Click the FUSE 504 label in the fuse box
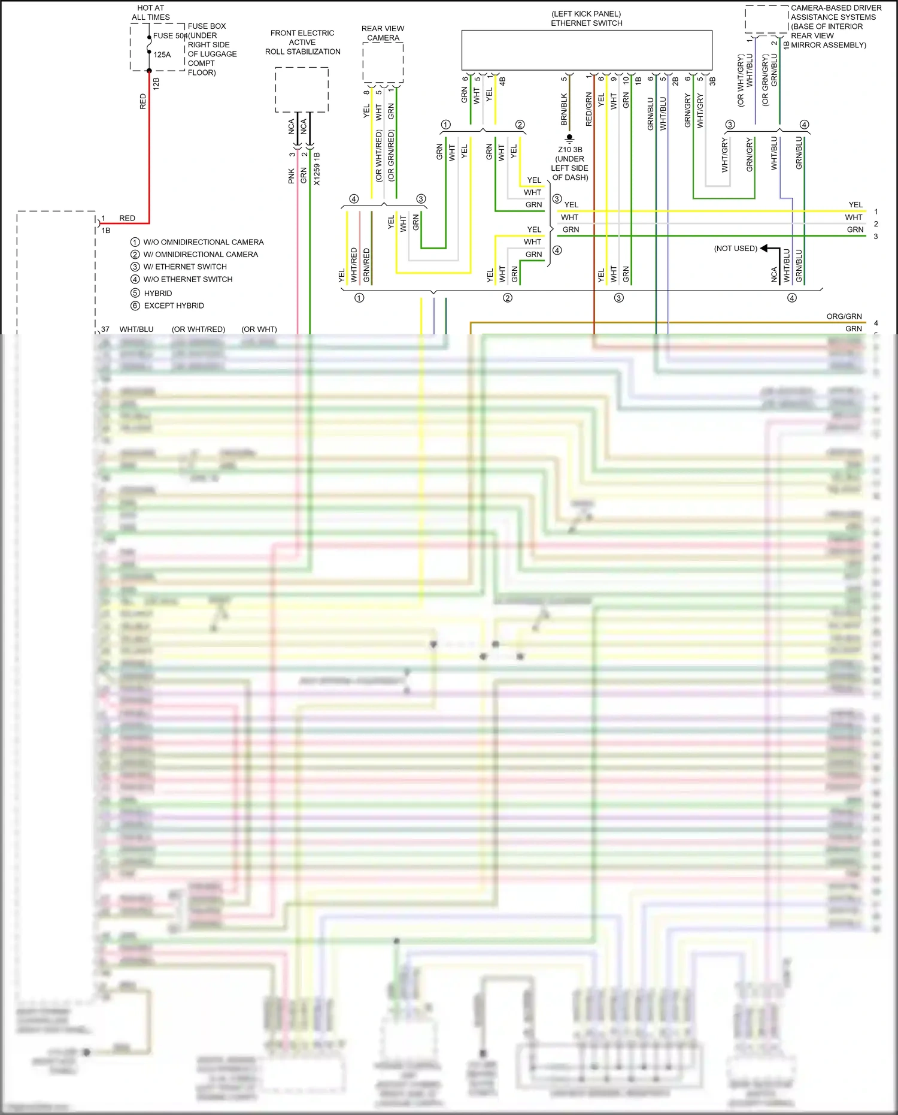(x=170, y=36)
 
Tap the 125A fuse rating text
(x=162, y=55)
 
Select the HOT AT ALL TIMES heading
(x=150, y=13)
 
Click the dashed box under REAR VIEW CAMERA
(x=383, y=62)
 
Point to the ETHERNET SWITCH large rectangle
(x=587, y=50)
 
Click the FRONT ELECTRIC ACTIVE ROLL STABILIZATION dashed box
(x=302, y=89)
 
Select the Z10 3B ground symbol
(x=569, y=138)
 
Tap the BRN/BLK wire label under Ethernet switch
(x=564, y=109)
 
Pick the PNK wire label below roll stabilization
(x=292, y=176)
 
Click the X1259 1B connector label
(x=317, y=169)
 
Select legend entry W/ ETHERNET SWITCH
(x=185, y=267)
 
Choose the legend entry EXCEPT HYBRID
(x=174, y=306)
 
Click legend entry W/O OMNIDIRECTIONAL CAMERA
(x=203, y=242)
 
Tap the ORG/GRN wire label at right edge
(x=844, y=316)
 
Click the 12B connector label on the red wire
(x=156, y=83)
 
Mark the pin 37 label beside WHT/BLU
(x=105, y=330)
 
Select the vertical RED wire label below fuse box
(x=143, y=101)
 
